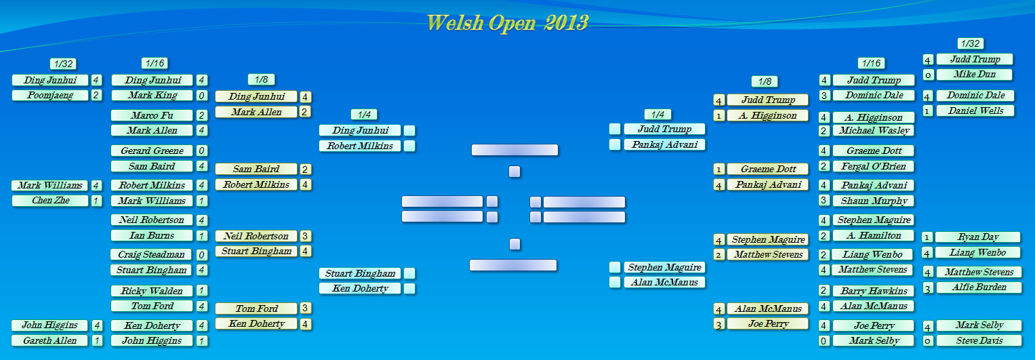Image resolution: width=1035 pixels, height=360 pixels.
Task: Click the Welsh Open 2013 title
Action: click(x=507, y=22)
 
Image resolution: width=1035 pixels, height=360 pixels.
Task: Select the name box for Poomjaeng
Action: click(x=50, y=95)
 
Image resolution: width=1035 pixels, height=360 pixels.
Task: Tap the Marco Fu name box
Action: click(x=152, y=115)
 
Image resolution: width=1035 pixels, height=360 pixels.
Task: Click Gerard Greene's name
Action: click(x=152, y=151)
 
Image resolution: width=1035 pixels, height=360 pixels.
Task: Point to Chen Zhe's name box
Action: click(x=50, y=201)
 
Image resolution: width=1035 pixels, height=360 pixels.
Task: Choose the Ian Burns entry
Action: click(x=152, y=236)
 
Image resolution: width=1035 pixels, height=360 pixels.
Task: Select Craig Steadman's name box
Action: click(x=151, y=255)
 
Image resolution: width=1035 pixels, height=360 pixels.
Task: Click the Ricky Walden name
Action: click(x=152, y=291)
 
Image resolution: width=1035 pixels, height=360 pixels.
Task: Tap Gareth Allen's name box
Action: click(x=50, y=340)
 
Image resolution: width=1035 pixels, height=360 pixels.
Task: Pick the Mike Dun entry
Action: click(x=975, y=75)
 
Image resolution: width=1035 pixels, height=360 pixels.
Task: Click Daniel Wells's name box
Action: click(x=975, y=111)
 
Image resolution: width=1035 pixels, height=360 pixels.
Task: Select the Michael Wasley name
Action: click(x=874, y=131)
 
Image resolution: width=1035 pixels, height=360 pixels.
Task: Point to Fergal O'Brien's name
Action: click(x=873, y=166)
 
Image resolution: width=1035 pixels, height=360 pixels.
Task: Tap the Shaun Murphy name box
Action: click(x=874, y=201)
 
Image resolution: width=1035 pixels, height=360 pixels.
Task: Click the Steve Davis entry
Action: click(x=979, y=341)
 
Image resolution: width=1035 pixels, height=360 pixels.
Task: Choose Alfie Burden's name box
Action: click(x=979, y=287)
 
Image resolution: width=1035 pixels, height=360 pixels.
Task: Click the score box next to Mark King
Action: click(x=201, y=96)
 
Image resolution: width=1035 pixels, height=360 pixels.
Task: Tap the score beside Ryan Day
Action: click(x=927, y=238)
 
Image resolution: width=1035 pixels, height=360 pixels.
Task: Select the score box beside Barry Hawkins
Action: click(x=824, y=291)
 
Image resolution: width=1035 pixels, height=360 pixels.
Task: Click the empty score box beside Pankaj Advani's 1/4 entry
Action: click(x=615, y=144)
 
